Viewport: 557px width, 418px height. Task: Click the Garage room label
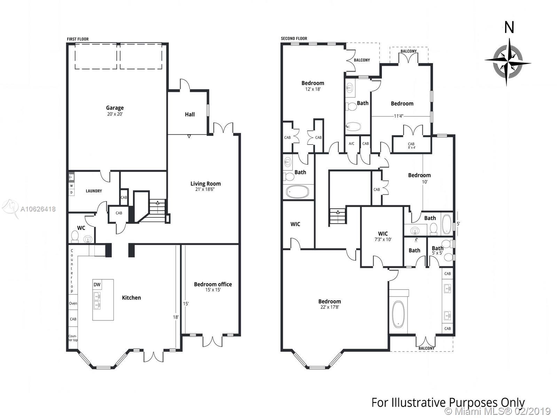pos(115,108)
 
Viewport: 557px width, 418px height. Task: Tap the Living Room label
pos(205,184)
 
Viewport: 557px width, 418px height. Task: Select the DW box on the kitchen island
pos(97,285)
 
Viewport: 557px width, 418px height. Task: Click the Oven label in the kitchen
pos(73,303)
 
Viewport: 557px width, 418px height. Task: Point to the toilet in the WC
pos(75,235)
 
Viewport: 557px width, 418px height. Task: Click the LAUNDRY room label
pos(94,191)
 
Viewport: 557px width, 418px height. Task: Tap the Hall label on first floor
pos(190,115)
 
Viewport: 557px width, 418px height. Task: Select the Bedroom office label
pos(213,284)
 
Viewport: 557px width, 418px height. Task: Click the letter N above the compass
pos(509,28)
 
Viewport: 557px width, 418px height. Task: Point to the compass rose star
pos(507,62)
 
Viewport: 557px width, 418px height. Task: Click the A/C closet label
pos(352,144)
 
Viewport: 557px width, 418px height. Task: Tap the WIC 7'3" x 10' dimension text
pos(383,239)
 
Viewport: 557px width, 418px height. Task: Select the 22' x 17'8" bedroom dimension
pos(330,307)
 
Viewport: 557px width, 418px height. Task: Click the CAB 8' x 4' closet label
pos(411,145)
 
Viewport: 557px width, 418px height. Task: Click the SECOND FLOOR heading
pos(294,38)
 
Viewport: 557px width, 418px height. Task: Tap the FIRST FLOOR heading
pos(78,39)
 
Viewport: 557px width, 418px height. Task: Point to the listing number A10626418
pos(38,209)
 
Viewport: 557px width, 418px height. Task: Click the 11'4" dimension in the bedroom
pos(398,116)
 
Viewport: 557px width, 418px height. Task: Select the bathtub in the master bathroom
pos(398,314)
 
